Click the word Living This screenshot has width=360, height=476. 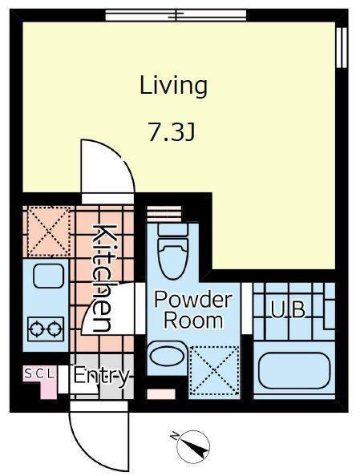pos(173,87)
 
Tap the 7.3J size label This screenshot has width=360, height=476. pos(172,131)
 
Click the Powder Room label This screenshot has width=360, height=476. pos(193,309)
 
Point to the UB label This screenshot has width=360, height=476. pos(288,309)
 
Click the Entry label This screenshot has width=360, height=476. pos(102,377)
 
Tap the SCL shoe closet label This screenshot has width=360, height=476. pos(39,373)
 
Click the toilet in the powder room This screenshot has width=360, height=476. pos(172,252)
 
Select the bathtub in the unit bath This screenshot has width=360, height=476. pos(293,370)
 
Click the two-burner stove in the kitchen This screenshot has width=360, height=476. pos(46,329)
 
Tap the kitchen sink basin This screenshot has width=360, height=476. pos(49,276)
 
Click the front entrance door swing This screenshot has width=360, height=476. pos(99,436)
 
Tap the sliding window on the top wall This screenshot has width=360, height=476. pos(176,15)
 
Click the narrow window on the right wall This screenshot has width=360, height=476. pos(342,47)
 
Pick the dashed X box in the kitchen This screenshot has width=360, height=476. pos(49,232)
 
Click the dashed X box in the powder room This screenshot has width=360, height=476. pos(214,370)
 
